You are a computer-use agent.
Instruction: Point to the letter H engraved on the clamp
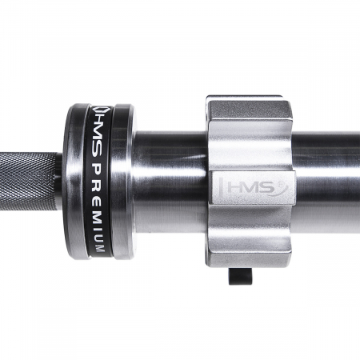pos(230,186)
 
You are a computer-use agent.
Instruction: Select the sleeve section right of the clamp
pos(328,180)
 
